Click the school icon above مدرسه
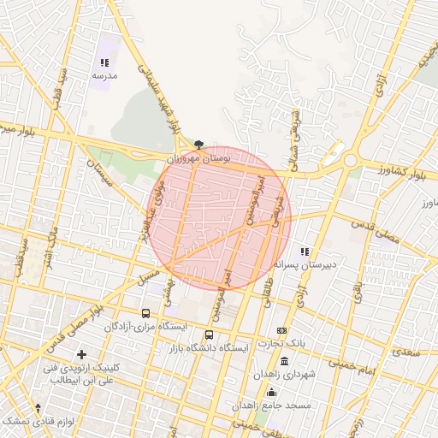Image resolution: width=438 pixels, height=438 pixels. tap(104, 62)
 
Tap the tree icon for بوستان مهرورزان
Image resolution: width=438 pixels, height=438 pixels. tap(199, 145)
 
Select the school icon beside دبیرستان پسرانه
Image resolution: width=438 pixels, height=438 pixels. tap(305, 252)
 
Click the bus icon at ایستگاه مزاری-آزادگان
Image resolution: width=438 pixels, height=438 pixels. tap(145, 314)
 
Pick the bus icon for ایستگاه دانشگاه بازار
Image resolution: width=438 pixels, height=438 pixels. tap(210, 334)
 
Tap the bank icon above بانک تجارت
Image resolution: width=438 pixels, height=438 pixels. tap(281, 331)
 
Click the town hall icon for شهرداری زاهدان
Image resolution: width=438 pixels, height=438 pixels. tap(284, 361)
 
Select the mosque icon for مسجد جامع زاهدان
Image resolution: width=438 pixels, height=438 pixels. tap(271, 391)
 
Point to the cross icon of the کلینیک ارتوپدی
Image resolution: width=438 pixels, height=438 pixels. tap(81, 354)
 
